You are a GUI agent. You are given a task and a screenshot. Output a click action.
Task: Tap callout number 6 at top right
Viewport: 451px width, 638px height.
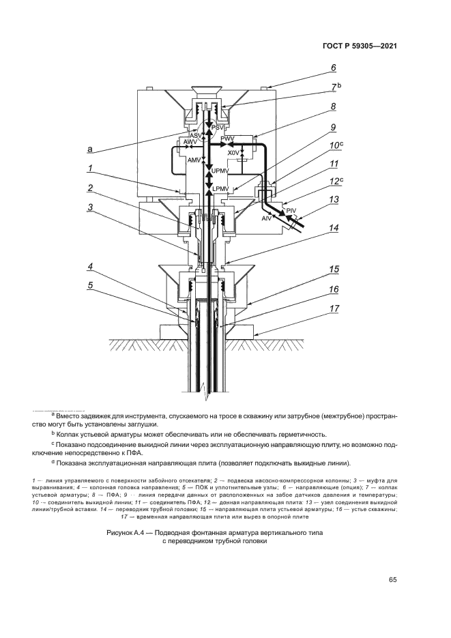[x=333, y=68]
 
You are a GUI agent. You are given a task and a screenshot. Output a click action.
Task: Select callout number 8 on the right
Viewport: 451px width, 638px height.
[x=333, y=106]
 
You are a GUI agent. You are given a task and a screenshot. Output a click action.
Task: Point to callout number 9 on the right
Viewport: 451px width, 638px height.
[x=333, y=127]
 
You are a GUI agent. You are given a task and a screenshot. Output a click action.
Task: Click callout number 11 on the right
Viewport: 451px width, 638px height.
[x=334, y=164]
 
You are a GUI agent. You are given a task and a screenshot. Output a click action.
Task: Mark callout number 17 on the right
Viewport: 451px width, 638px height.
[x=334, y=308]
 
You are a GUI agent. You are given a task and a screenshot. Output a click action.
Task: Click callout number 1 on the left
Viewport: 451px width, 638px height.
[x=90, y=166]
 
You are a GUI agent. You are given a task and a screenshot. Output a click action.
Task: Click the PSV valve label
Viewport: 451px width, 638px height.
[x=218, y=128]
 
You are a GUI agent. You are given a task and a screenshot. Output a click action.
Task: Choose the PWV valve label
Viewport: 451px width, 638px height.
[x=227, y=139]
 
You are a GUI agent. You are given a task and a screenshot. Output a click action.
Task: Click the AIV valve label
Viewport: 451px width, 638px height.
[x=267, y=218]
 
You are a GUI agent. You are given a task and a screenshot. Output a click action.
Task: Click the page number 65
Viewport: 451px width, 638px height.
[x=392, y=580]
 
